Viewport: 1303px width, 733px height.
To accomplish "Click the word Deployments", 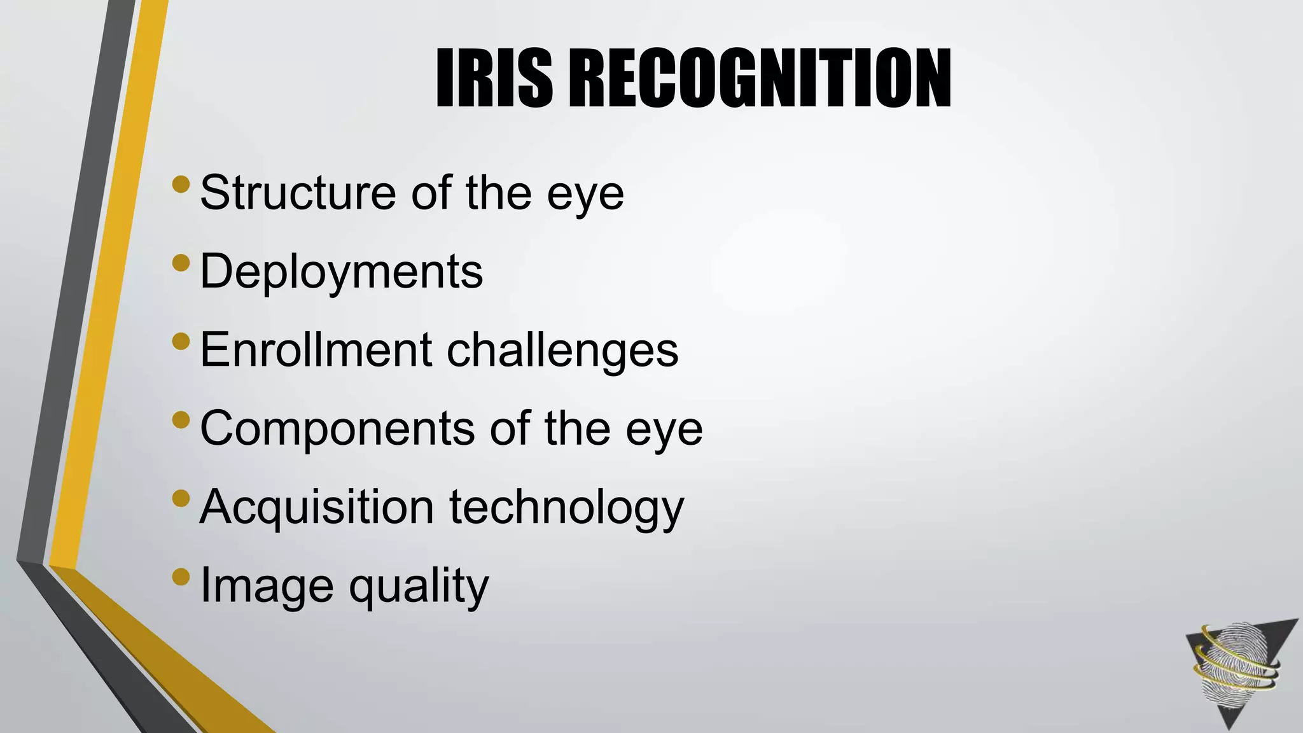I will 342,272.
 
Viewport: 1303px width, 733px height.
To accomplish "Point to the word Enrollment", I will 316,349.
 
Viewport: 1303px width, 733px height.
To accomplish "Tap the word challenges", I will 562,351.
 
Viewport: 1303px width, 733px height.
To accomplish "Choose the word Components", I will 337,428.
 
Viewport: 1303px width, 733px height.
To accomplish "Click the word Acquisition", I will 317,508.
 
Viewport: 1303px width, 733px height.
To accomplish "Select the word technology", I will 567,508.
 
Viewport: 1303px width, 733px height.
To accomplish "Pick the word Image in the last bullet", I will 267,586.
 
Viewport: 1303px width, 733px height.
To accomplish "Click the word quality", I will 419,586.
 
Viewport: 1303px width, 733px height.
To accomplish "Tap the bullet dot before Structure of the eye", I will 181,185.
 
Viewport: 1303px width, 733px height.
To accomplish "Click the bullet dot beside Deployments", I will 181,263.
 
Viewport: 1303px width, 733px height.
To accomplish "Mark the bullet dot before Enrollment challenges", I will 181,341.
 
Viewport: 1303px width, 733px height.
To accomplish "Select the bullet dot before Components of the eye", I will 181,420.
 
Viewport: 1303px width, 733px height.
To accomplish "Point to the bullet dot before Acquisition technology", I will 181,498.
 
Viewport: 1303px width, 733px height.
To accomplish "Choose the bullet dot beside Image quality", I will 181,576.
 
